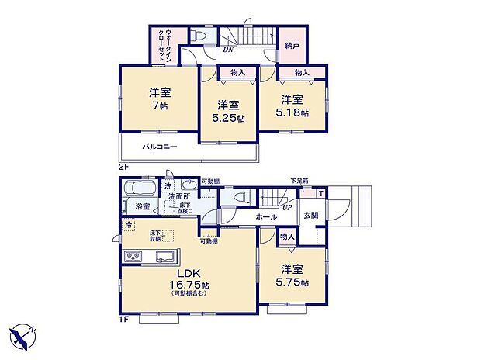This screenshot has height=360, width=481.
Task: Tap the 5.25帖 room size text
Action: tap(229, 119)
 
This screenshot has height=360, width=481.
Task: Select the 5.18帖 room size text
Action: tap(292, 113)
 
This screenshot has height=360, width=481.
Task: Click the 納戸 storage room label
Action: tap(292, 46)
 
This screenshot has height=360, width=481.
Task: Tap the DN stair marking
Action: tap(227, 50)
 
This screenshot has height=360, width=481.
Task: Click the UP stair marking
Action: tap(287, 208)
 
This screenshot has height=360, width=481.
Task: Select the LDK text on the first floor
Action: tap(187, 274)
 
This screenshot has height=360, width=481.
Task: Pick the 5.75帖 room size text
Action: tap(292, 282)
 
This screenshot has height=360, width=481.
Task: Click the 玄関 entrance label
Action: tap(310, 216)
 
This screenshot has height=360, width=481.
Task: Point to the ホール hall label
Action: tap(265, 219)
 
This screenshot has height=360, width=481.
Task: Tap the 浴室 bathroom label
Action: tap(142, 208)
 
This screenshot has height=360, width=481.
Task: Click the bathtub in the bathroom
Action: tap(140, 190)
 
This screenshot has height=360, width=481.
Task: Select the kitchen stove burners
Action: tap(130, 258)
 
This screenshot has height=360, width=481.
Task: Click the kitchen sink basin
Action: tap(164, 258)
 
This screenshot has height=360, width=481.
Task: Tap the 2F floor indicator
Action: tap(123, 165)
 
